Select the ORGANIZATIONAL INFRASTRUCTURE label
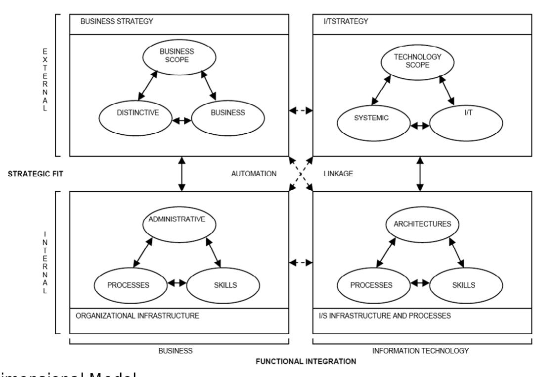[x=137, y=316]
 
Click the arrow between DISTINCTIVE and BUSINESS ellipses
[x=180, y=120]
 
